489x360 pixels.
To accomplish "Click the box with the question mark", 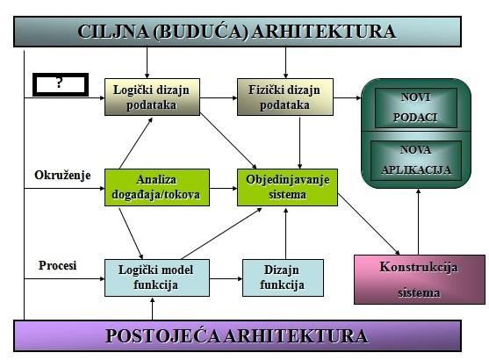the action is (x=61, y=84).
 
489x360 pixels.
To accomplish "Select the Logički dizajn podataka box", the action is (x=152, y=97).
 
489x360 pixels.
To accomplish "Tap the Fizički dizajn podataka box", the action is (x=285, y=97).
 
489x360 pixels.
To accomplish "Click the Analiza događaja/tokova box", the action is (x=157, y=188).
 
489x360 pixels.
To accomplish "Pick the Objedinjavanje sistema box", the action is (x=287, y=188).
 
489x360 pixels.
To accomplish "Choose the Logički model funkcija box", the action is (x=157, y=277).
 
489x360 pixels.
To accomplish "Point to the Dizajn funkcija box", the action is (x=283, y=277).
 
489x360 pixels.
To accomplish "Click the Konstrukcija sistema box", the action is (x=420, y=279).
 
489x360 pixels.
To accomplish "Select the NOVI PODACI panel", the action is (x=416, y=108).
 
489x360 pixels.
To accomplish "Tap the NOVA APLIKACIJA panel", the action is (x=416, y=161).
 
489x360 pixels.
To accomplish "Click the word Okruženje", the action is (x=62, y=176).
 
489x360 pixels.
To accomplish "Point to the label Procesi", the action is (x=57, y=265).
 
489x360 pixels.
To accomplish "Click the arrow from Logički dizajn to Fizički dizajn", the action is (x=219, y=97).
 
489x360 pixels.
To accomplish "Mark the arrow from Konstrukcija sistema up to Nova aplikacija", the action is (x=419, y=222).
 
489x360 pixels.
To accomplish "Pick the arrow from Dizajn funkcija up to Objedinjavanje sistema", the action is (x=285, y=234).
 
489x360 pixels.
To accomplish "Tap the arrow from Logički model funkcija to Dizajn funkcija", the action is (x=227, y=278).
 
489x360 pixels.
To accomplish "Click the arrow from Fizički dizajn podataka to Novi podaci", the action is (x=347, y=97).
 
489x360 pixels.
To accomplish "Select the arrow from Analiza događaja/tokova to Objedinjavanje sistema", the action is (x=223, y=188).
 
